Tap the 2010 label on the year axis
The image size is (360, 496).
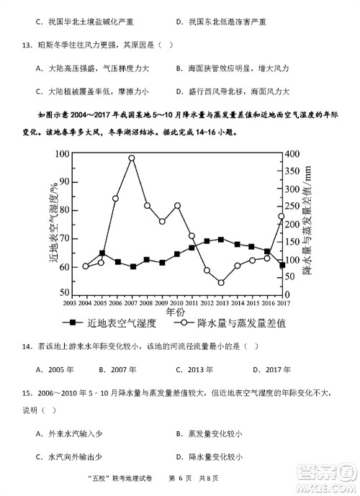pyautogui.click(x=177, y=302)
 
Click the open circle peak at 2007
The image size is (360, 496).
pyautogui.click(x=132, y=158)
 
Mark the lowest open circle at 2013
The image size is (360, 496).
pyautogui.click(x=221, y=282)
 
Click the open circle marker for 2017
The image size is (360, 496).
pyautogui.click(x=282, y=216)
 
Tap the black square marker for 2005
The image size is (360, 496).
pyautogui.click(x=102, y=253)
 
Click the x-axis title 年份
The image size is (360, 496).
pyautogui.click(x=175, y=313)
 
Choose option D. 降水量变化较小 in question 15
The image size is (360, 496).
pyautogui.click(x=209, y=456)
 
